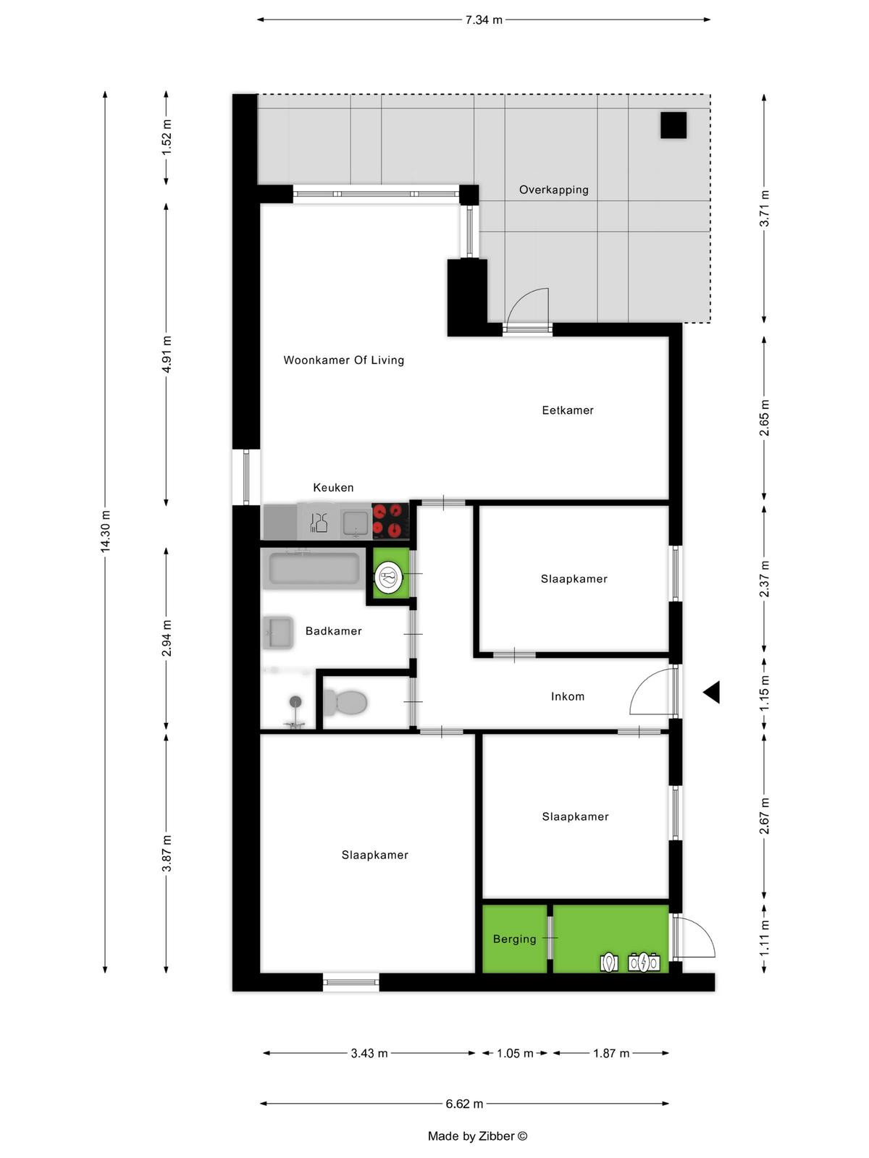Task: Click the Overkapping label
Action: (x=553, y=190)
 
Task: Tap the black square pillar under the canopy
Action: (x=673, y=125)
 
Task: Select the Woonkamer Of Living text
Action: (x=343, y=360)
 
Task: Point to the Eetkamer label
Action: (x=567, y=410)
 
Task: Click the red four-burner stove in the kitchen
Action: (x=390, y=520)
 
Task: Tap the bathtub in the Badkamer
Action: (x=314, y=569)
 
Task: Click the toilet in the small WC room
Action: (x=345, y=702)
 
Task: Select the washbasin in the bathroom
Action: (x=278, y=632)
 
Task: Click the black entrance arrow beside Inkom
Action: (x=712, y=692)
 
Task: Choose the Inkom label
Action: (x=567, y=696)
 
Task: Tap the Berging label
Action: (x=514, y=939)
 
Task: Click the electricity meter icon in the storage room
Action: (x=644, y=963)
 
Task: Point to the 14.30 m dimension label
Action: (x=106, y=531)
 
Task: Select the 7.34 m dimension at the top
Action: (x=483, y=20)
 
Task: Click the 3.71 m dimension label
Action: (x=764, y=208)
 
